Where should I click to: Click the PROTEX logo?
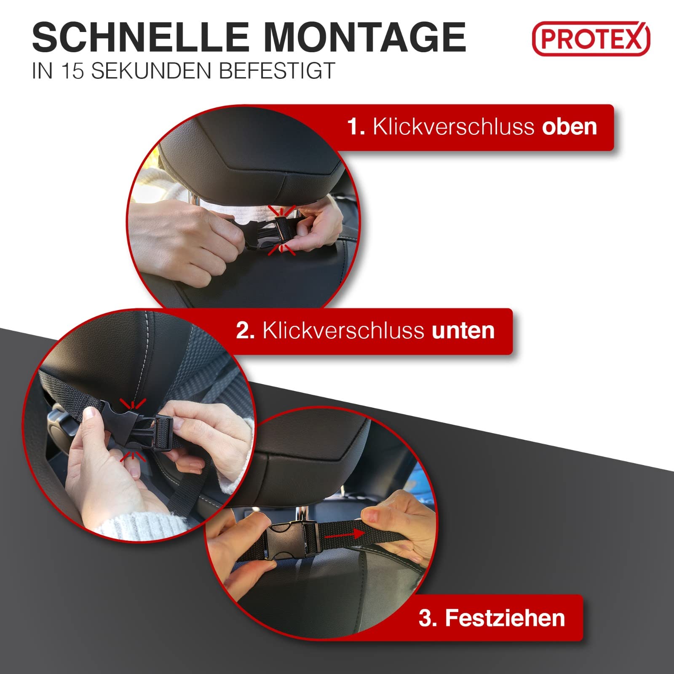pos(591,39)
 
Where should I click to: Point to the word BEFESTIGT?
pos(277,71)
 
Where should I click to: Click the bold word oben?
pos(570,126)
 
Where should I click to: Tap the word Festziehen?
pos(505,618)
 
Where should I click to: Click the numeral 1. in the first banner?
pos(356,126)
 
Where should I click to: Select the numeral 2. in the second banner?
pos(245,331)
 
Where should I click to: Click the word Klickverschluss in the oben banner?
pos(453,126)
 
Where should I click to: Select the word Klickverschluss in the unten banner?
pos(343,331)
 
